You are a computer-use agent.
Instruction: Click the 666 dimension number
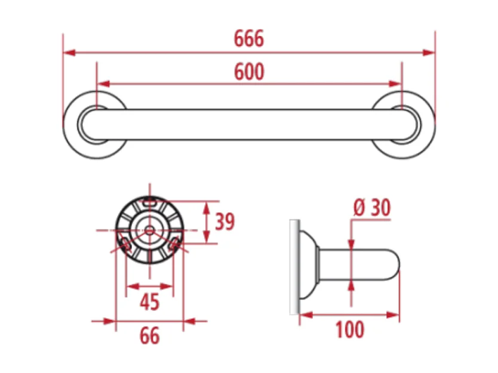coord(248,39)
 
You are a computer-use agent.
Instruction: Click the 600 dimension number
coord(249,72)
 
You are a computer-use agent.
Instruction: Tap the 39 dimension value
coord(225,222)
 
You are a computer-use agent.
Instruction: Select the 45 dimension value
coord(149,302)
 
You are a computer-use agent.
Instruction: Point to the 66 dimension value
coord(149,335)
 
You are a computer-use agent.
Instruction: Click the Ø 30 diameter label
coord(371,208)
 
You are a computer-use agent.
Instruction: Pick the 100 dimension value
coord(349,329)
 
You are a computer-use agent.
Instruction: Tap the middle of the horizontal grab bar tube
coord(249,125)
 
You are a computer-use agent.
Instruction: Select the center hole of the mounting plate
coord(149,230)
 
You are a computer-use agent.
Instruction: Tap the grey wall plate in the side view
coord(293,266)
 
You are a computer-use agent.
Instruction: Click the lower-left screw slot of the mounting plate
coord(126,243)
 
